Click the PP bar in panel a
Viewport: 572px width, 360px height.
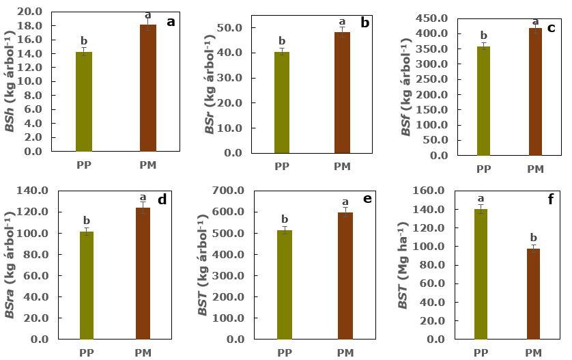click(x=84, y=101)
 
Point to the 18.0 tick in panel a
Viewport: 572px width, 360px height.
click(x=34, y=26)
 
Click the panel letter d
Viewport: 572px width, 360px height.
click(x=162, y=200)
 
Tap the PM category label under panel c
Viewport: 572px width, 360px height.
click(x=535, y=169)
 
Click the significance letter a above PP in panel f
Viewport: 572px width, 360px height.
click(x=481, y=199)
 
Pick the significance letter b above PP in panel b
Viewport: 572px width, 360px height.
click(x=282, y=41)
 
